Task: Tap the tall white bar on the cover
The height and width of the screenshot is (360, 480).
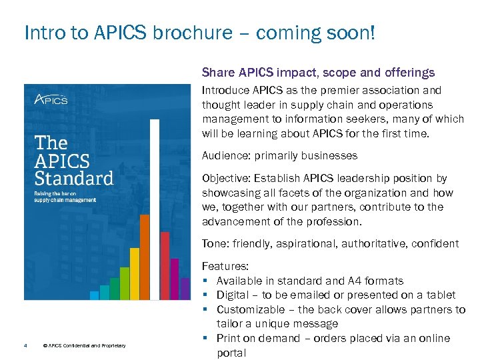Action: click(155, 210)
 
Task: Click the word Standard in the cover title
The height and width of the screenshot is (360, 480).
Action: click(74, 179)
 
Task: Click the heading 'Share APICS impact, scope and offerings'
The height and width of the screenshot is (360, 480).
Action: click(318, 72)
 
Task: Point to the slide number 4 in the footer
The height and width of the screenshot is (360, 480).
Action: click(25, 345)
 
